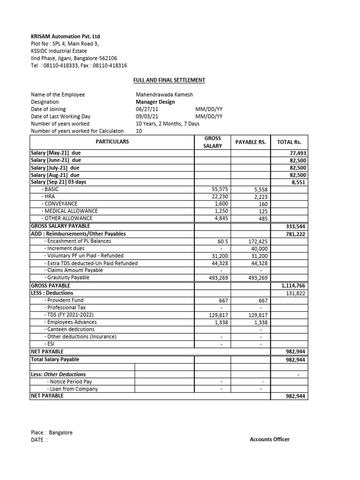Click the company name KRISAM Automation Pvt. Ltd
click(x=65, y=36)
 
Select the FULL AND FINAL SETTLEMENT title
click(x=169, y=80)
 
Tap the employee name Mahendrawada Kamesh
click(x=164, y=95)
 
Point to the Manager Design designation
click(x=155, y=102)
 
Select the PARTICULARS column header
click(x=112, y=142)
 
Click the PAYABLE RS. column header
click(x=250, y=142)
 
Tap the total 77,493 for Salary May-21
click(x=298, y=153)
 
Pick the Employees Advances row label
click(x=70, y=322)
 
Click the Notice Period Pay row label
click(x=69, y=382)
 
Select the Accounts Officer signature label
click(x=270, y=439)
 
